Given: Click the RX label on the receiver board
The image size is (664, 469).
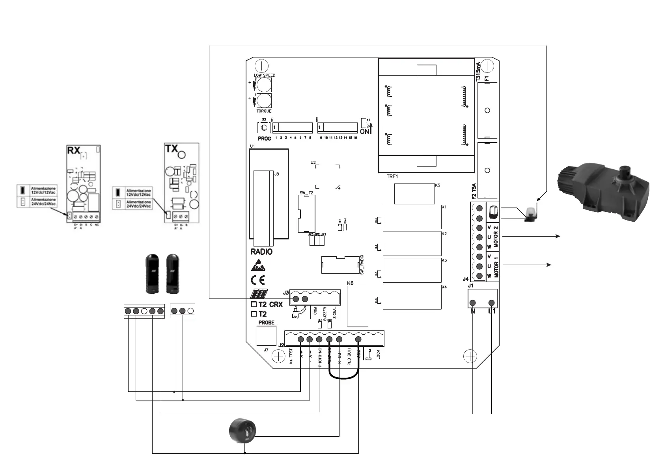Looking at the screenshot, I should click(x=74, y=150).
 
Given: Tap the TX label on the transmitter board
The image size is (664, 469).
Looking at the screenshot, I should click(x=172, y=148).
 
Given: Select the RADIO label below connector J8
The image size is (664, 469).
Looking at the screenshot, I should click(x=261, y=252).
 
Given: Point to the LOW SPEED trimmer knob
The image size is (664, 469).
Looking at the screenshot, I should click(x=264, y=85).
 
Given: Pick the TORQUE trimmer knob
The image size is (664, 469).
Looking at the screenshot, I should click(x=264, y=101).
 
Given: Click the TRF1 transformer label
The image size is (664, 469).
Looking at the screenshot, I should click(x=392, y=176).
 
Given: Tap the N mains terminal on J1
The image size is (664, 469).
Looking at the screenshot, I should click(x=473, y=303).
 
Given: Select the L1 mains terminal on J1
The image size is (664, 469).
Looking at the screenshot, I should click(x=491, y=303).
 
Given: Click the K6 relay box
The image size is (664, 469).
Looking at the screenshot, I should click(x=357, y=306).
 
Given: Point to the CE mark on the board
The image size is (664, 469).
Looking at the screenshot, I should click(x=258, y=280).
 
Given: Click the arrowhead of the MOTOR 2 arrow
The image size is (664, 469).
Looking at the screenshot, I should click(x=558, y=236).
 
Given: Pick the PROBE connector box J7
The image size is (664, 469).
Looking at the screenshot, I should click(x=267, y=336).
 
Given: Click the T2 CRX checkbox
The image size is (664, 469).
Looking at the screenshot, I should click(x=254, y=304).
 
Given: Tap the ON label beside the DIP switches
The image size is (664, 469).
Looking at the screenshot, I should click(x=365, y=132).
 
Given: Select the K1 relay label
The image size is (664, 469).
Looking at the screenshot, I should click(x=444, y=207).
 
